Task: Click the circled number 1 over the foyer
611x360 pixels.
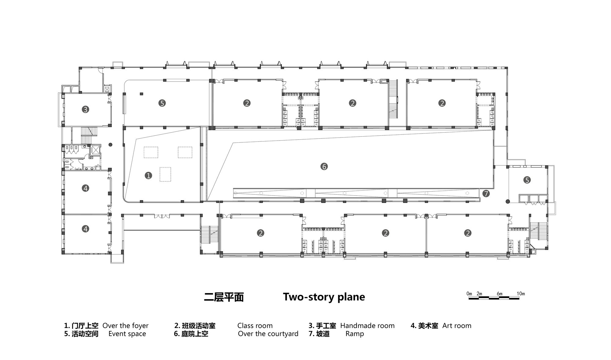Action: pos(148,175)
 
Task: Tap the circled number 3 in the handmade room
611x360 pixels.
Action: pos(86,109)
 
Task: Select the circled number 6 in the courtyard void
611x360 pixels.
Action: pos(324,167)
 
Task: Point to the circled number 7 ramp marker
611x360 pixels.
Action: pos(486,193)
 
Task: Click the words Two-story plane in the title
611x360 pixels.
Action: pos(324,297)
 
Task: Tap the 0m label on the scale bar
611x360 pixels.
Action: pos(469,294)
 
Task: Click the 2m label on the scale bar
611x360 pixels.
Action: pos(479,294)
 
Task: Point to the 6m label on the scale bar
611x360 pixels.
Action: pos(499,294)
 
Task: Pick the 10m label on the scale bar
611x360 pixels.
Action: pos(521,294)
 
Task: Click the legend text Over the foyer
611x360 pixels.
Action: pos(126,326)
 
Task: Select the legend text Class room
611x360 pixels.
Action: pos(255,326)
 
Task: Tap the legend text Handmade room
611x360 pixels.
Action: pos(368,326)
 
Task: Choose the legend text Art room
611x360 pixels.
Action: pos(457,326)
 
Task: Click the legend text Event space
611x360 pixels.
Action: pos(127,334)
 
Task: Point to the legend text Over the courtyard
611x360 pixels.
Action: pos(268,334)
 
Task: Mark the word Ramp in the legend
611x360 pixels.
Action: pos(355,334)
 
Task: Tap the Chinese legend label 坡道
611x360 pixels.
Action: pos(323,334)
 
